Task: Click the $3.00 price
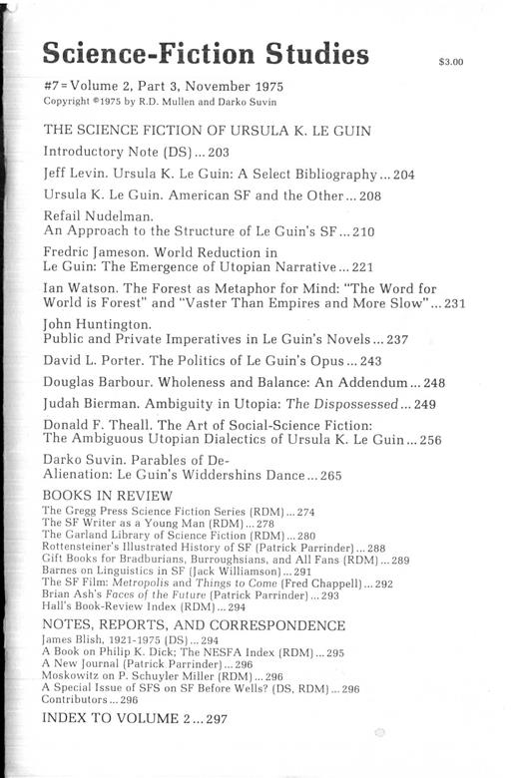[451, 63]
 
